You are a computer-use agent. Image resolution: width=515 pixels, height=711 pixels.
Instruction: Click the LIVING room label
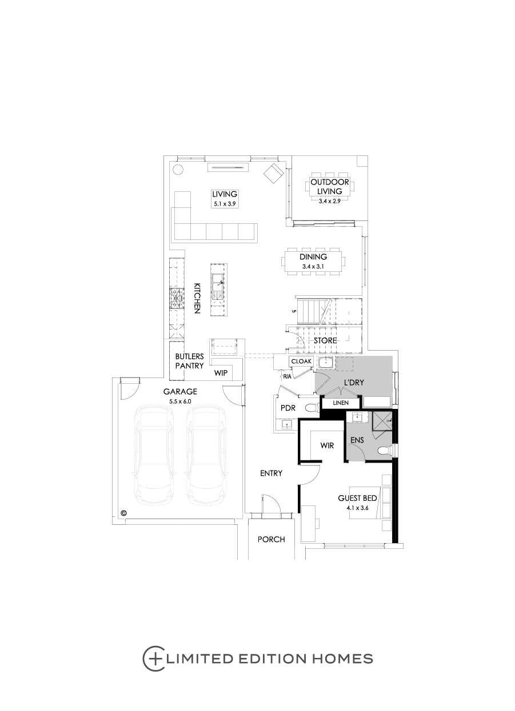tap(224, 194)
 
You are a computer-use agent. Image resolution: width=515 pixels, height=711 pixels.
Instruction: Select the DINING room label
tap(313, 257)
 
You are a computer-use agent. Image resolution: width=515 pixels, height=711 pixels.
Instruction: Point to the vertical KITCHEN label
tap(197, 298)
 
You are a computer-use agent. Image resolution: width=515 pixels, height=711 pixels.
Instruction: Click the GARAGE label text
tap(180, 392)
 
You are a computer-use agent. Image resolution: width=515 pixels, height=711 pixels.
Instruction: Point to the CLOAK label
tap(301, 361)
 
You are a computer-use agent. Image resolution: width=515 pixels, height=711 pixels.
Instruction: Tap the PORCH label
tap(271, 539)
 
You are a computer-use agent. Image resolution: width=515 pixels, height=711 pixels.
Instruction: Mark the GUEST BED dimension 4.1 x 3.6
tap(357, 508)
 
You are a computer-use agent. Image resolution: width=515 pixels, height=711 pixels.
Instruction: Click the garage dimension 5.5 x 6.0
tap(180, 402)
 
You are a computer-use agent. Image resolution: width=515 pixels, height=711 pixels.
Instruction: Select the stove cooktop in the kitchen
tap(176, 299)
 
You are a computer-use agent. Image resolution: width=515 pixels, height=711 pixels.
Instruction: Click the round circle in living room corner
tap(178, 169)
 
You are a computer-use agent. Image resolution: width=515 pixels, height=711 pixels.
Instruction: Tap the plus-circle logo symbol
tap(153, 658)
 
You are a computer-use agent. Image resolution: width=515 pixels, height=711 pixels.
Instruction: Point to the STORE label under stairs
tap(325, 341)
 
